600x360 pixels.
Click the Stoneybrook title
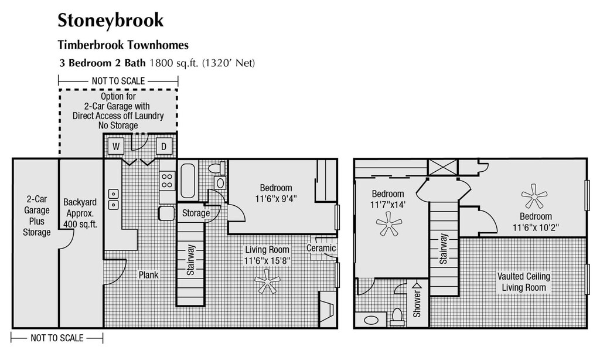point(110,21)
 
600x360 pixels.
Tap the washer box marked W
point(115,145)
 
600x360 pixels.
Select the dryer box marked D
point(164,145)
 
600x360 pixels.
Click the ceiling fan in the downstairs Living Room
point(267,281)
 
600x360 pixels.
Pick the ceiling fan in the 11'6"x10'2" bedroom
point(534,196)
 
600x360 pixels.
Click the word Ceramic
point(321,248)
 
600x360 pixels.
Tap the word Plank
point(148,274)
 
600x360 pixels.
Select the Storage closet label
point(196,213)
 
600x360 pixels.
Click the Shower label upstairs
point(417,304)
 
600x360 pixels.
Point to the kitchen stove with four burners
point(167,180)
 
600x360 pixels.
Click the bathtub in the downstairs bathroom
point(188,181)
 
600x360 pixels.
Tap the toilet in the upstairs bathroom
point(397,317)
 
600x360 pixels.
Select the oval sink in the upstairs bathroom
point(371,321)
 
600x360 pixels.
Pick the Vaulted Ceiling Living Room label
point(524,282)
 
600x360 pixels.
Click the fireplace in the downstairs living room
point(326,308)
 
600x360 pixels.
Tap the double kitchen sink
point(113,199)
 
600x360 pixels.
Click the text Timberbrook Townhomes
point(123,45)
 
